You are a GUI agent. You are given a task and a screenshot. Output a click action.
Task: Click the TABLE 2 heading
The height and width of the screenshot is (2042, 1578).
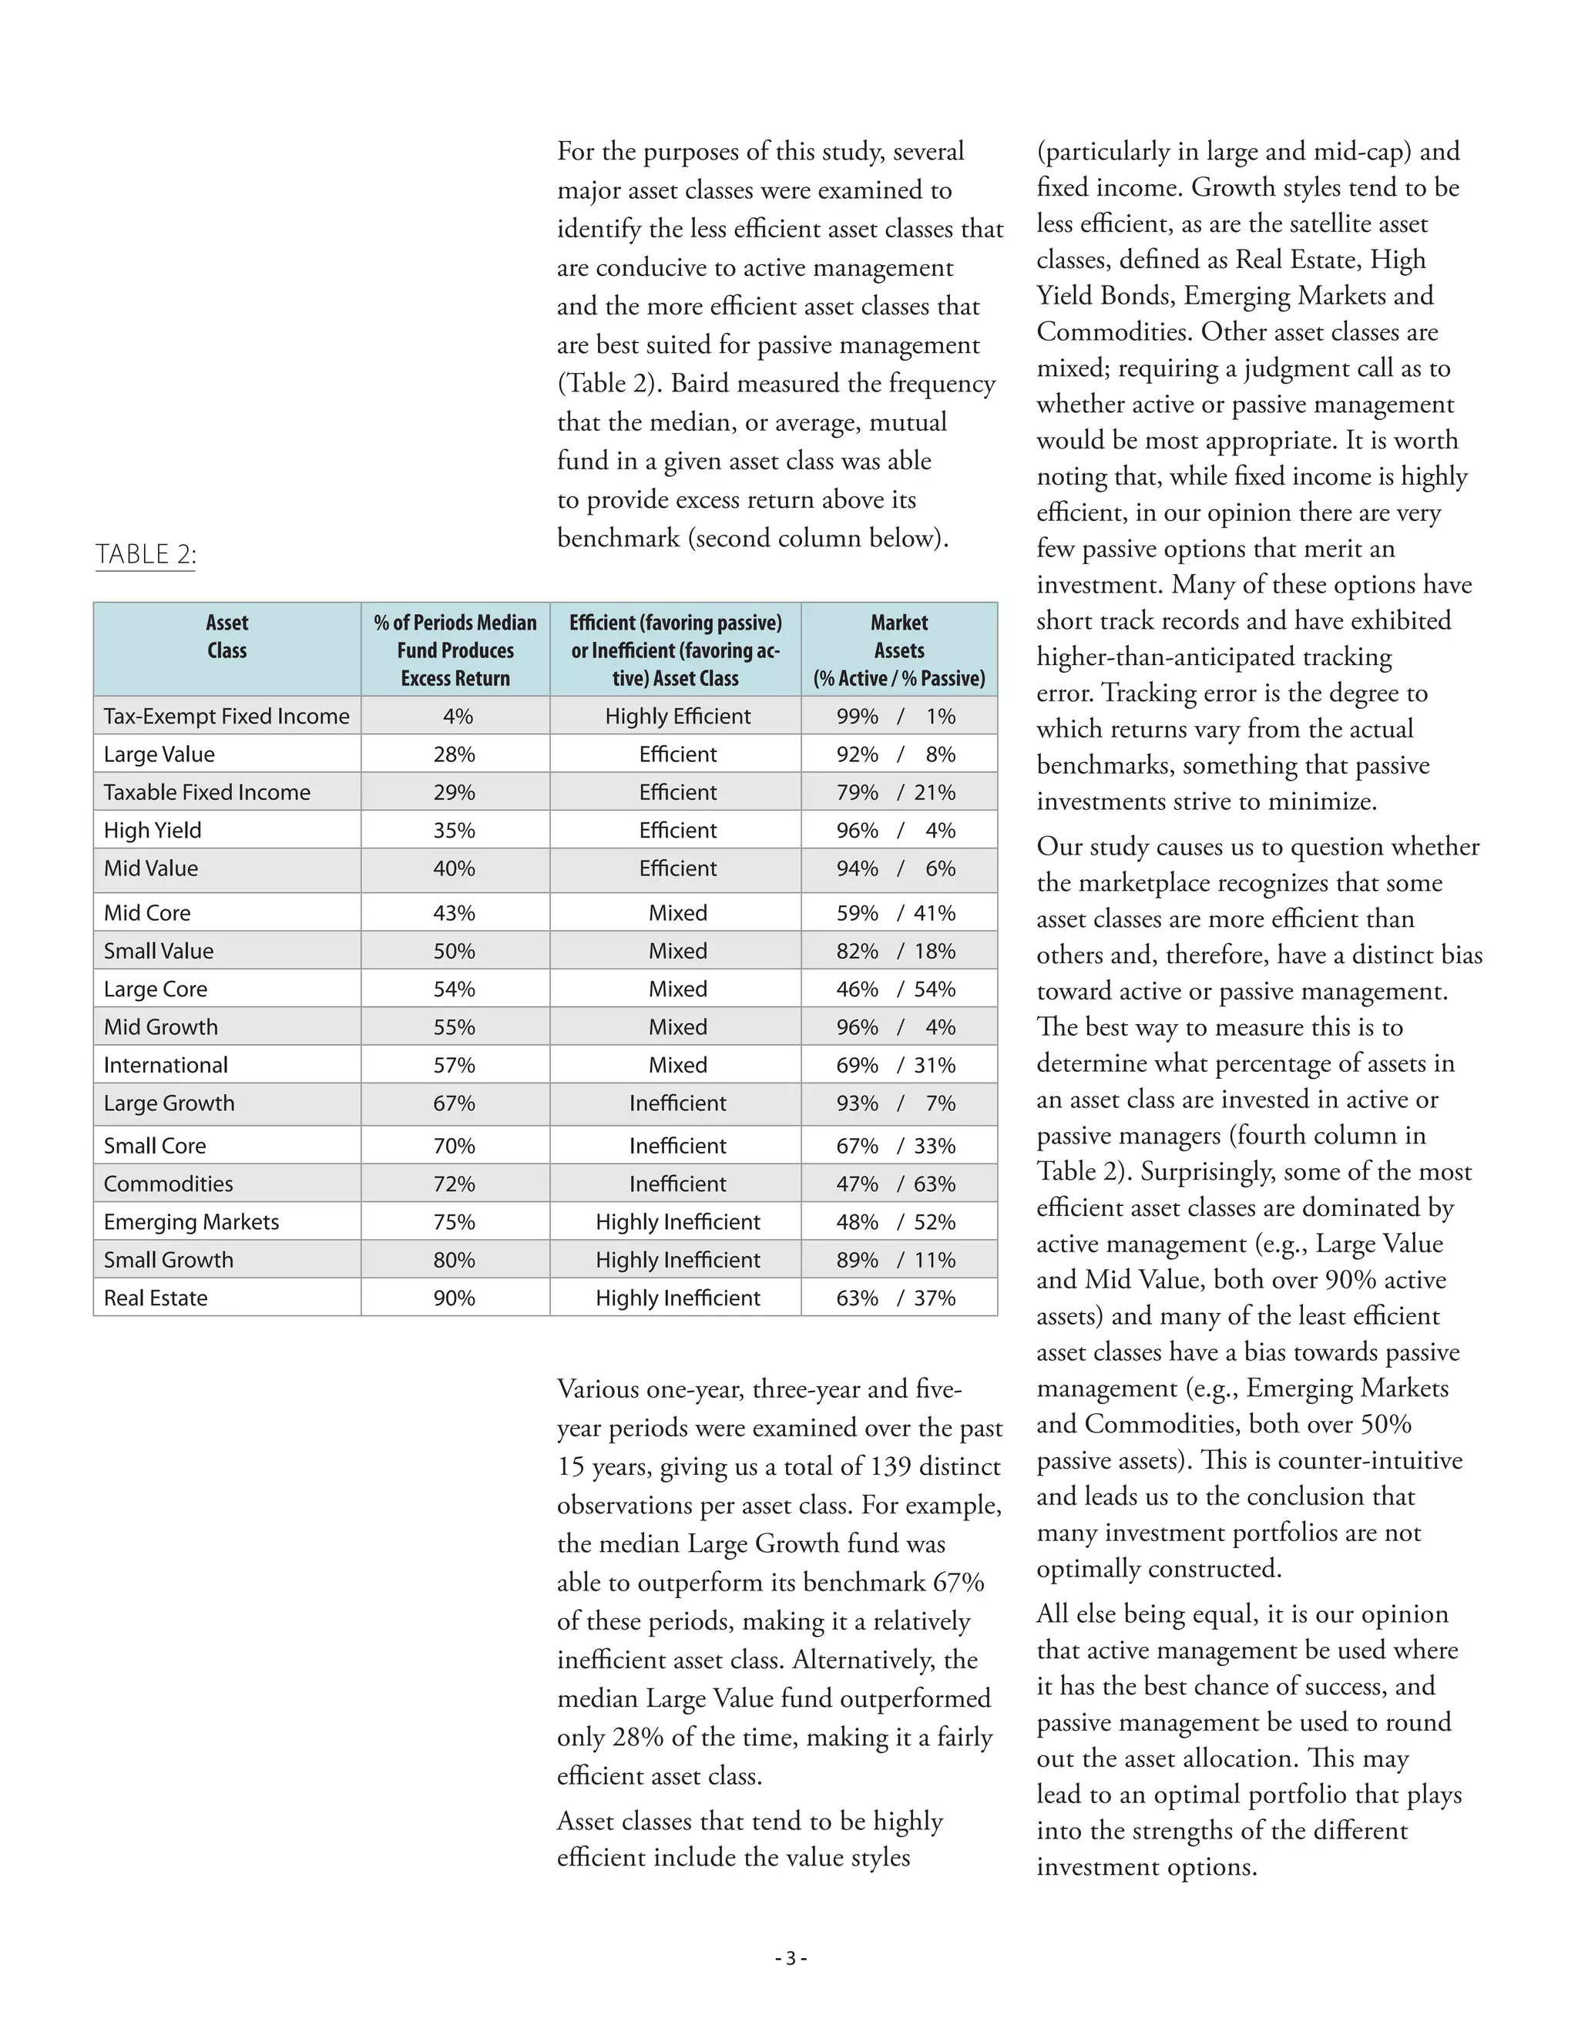tap(145, 555)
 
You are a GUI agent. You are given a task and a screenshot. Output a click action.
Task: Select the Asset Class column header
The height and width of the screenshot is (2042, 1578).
tap(227, 636)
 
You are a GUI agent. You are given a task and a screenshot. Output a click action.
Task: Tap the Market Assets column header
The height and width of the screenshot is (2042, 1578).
tap(899, 650)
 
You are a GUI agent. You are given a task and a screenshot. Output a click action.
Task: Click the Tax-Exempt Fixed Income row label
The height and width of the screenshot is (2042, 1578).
tap(227, 716)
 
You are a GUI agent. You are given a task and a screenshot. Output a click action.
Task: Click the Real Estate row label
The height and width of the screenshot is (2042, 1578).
tap(156, 1298)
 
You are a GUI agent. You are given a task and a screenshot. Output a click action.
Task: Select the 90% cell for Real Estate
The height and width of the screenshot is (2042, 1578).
tap(455, 1298)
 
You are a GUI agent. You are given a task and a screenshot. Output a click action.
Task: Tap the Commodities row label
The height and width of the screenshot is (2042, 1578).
tap(168, 1184)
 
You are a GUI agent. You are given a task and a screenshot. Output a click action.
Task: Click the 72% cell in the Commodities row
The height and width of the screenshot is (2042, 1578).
tap(455, 1184)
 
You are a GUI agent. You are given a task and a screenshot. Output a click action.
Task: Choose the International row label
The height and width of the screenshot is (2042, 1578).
tap(166, 1065)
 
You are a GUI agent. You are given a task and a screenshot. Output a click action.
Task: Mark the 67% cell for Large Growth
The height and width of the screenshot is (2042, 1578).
tap(455, 1103)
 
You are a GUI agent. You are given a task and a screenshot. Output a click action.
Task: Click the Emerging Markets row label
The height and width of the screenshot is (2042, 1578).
tap(192, 1222)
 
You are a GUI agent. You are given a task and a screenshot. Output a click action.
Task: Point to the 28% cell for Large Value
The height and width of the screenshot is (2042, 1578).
tap(455, 754)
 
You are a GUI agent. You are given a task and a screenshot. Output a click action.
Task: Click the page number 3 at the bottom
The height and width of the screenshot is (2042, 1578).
tap(790, 1959)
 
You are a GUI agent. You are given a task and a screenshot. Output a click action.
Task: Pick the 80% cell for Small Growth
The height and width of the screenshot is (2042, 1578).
tap(455, 1259)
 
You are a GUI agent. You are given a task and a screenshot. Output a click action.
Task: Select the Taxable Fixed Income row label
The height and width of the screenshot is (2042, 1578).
tap(206, 792)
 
